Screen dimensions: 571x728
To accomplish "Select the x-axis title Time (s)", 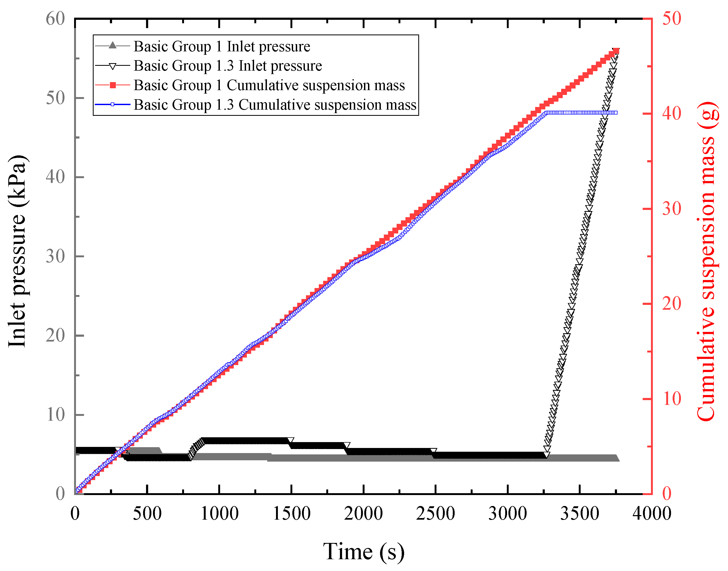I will [x=364, y=551].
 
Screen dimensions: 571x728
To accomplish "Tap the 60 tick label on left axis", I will [x=55, y=19].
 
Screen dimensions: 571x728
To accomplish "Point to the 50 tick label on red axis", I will [x=672, y=19].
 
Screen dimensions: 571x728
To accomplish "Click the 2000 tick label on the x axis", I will [x=363, y=513].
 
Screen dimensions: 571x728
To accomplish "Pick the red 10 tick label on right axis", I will [x=672, y=399].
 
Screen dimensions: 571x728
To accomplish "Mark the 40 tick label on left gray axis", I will [x=55, y=177].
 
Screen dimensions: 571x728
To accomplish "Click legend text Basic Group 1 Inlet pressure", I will [x=222, y=47].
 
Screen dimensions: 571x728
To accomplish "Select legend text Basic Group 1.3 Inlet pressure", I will [x=228, y=66].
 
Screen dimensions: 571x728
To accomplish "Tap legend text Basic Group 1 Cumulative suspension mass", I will [x=269, y=85].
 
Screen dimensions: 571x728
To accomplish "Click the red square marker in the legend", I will [x=113, y=85].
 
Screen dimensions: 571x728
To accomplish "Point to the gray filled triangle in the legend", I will [x=113, y=45].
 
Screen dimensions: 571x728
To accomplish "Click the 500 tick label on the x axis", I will [x=147, y=513].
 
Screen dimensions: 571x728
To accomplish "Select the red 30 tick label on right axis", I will [x=672, y=209].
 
